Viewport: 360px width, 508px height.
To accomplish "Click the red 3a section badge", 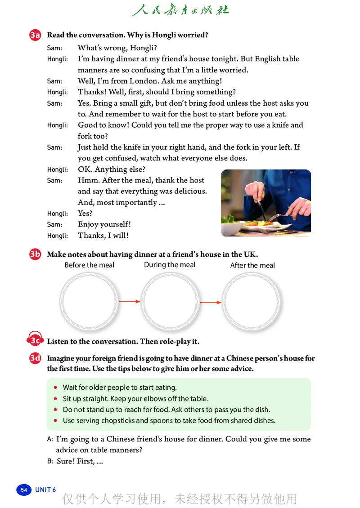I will tap(35, 36).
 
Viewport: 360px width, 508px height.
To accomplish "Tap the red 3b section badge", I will tap(35, 255).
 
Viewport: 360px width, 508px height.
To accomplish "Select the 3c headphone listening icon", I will tap(35, 341).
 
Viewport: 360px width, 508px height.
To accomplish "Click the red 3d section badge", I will tap(35, 359).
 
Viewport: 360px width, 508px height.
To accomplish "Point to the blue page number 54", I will tap(24, 490).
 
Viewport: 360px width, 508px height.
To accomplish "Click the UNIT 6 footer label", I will tap(45, 490).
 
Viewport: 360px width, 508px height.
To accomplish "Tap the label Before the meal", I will tap(90, 265).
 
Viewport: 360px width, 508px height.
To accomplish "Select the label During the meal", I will tap(170, 265).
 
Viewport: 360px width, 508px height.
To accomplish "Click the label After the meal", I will tap(252, 265).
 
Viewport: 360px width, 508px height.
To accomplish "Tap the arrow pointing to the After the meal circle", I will tap(210, 303).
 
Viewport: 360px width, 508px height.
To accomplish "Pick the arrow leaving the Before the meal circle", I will tap(129, 302).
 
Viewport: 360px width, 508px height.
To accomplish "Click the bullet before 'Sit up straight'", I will tap(55, 399).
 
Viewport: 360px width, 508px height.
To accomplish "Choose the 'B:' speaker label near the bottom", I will tap(50, 461).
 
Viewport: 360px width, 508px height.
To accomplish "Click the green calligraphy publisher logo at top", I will tap(180, 10).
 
